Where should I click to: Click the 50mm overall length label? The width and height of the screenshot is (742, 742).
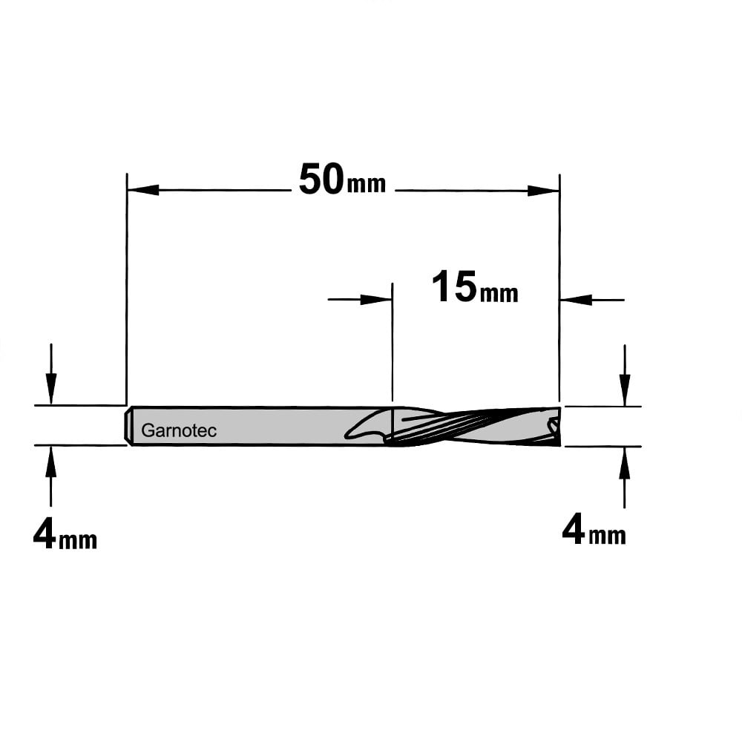click(343, 180)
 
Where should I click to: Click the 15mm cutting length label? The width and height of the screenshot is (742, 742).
click(475, 286)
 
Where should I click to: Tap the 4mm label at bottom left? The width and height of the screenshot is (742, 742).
click(65, 536)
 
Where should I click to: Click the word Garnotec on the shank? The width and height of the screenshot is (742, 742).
click(179, 430)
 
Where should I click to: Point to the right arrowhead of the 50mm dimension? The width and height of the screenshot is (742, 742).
click(544, 191)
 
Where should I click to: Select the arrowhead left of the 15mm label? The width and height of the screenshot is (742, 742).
click(376, 300)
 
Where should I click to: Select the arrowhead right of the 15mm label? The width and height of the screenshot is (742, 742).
click(576, 300)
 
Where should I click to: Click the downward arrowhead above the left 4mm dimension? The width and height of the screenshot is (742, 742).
click(51, 389)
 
